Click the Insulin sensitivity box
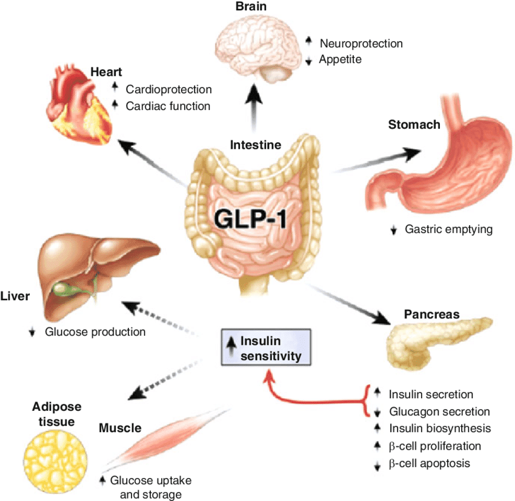pyautogui.click(x=265, y=348)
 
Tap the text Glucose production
pyautogui.click(x=96, y=332)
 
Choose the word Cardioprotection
pyautogui.click(x=168, y=90)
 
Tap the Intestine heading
pyautogui.click(x=256, y=145)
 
